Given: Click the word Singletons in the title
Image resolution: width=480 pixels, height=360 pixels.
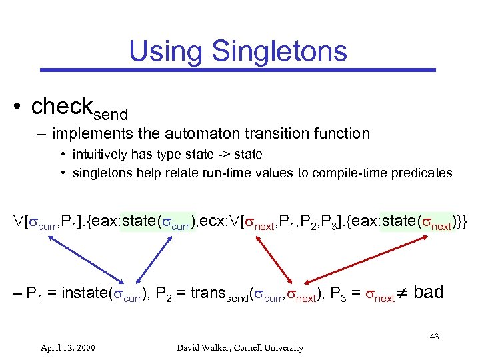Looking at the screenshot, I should (283, 51).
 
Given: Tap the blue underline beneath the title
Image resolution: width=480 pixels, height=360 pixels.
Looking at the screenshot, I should (237, 69).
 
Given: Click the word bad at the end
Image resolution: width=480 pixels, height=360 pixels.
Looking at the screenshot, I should (428, 292).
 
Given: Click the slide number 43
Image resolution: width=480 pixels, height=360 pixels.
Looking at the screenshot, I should (434, 337).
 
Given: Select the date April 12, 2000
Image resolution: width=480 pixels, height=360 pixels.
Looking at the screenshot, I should (67, 347).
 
